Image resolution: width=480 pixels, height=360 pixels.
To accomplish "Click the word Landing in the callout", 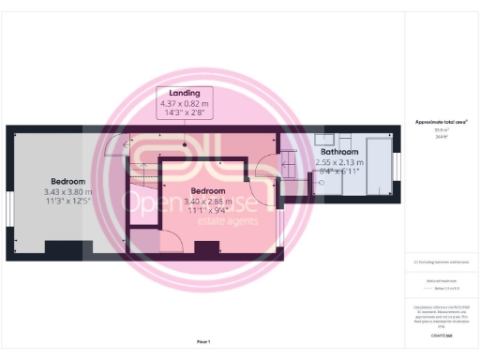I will pyautogui.click(x=184, y=91).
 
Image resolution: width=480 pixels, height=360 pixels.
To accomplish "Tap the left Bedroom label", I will pyautogui.click(x=68, y=181).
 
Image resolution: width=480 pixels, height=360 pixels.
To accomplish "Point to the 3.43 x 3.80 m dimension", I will pyautogui.click(x=68, y=191).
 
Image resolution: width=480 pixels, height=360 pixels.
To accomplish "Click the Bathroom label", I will pyautogui.click(x=339, y=151).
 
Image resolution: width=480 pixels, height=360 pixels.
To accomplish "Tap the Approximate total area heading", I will pyautogui.click(x=441, y=123).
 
